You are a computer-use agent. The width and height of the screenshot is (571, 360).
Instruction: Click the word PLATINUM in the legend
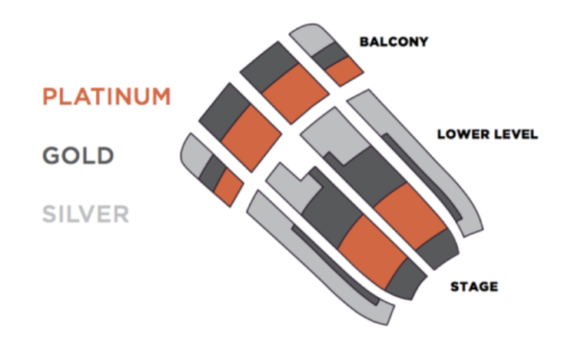(x=107, y=97)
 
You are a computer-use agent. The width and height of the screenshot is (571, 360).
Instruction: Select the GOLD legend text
(x=78, y=155)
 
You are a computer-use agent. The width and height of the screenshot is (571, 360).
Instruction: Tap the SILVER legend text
(x=85, y=212)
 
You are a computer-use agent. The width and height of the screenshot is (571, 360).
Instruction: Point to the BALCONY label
(x=393, y=42)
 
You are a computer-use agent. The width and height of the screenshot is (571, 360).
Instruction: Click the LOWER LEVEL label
(x=487, y=134)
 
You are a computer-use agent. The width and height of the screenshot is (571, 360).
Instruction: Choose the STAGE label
(x=474, y=286)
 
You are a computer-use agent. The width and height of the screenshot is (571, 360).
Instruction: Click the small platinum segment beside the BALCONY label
(x=347, y=70)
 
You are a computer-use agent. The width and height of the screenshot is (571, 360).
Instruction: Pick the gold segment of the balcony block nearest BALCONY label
(x=331, y=54)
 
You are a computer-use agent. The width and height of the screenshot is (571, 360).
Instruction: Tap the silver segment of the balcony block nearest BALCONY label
(x=308, y=37)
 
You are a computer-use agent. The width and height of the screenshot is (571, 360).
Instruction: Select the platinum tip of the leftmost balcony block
(x=228, y=187)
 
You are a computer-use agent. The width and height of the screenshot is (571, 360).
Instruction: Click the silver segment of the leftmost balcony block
(x=195, y=152)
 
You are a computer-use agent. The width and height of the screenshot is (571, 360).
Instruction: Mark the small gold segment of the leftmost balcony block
(x=215, y=172)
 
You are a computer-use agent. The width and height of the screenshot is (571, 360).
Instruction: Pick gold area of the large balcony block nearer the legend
(x=222, y=109)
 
